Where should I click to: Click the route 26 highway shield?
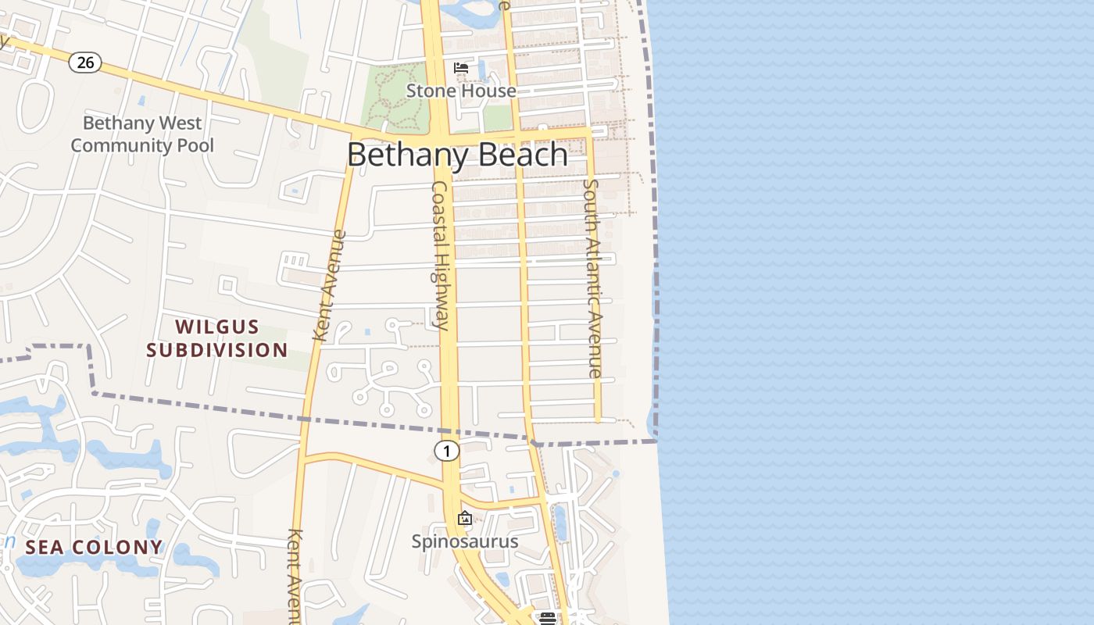coord(85,62)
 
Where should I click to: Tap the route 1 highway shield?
coord(446,451)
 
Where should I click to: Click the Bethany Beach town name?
coord(457,155)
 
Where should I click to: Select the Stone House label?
coord(461,91)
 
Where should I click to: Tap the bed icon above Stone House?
coord(461,68)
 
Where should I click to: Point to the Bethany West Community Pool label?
coord(142,134)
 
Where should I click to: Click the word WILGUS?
coord(217,327)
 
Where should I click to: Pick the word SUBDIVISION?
coord(217,350)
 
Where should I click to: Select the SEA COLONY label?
coord(94,547)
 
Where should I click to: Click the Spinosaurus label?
coord(465,541)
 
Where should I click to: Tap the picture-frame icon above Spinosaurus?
coord(465,518)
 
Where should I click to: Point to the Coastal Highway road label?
coord(441,255)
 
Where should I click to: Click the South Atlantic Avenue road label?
coord(593,278)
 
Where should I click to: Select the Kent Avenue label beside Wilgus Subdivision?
coord(330,285)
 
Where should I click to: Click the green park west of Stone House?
coord(395,98)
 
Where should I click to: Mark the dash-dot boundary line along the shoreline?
coord(655,234)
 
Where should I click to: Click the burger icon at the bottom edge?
coord(547,618)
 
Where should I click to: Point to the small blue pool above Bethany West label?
coord(141,101)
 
